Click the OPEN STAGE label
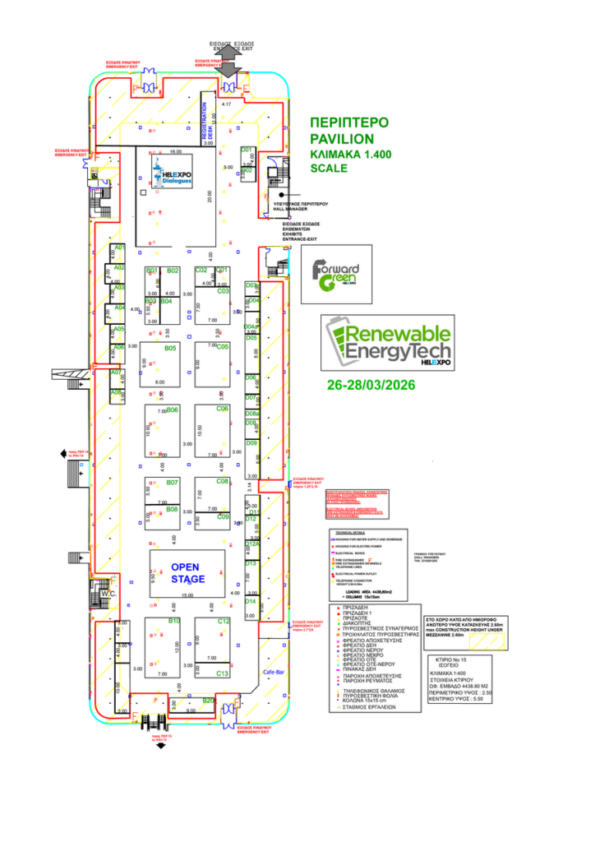(186, 573)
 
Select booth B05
(171, 349)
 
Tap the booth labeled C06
(222, 408)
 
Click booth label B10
(174, 622)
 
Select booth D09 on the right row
(252, 443)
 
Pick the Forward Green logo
(337, 275)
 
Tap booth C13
(223, 673)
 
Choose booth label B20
(209, 701)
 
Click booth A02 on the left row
(119, 268)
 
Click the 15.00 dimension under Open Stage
(187, 594)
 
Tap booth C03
(223, 291)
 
